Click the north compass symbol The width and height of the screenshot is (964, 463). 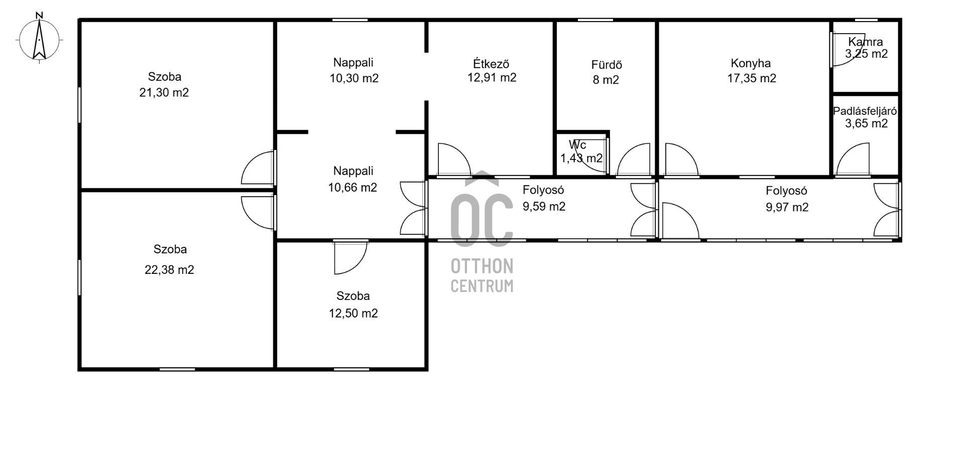(x=39, y=38)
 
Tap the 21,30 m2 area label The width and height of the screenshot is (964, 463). (x=164, y=93)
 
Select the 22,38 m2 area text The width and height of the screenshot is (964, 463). (x=169, y=270)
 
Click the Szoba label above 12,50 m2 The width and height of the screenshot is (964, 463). (x=353, y=296)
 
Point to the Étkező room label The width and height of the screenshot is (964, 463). (x=491, y=64)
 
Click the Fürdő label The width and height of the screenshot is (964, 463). (x=607, y=65)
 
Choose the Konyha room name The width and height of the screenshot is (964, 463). (x=751, y=63)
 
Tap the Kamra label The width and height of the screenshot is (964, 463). (x=866, y=42)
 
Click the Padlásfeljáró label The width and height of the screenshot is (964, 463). (x=865, y=111)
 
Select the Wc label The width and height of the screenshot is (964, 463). (x=577, y=145)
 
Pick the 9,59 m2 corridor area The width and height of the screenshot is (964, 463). (x=544, y=207)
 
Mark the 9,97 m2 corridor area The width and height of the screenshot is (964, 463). (x=787, y=207)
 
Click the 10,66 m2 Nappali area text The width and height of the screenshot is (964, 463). (x=352, y=188)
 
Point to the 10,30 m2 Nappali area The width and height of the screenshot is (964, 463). (x=354, y=78)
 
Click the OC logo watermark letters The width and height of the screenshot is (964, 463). (x=481, y=213)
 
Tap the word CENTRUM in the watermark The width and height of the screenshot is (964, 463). (x=482, y=286)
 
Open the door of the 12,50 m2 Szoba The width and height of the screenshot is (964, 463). (x=350, y=258)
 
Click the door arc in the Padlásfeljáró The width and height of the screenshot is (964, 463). (x=852, y=160)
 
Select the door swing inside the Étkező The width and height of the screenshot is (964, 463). (x=454, y=160)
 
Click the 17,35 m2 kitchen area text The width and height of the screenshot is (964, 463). (x=752, y=78)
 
